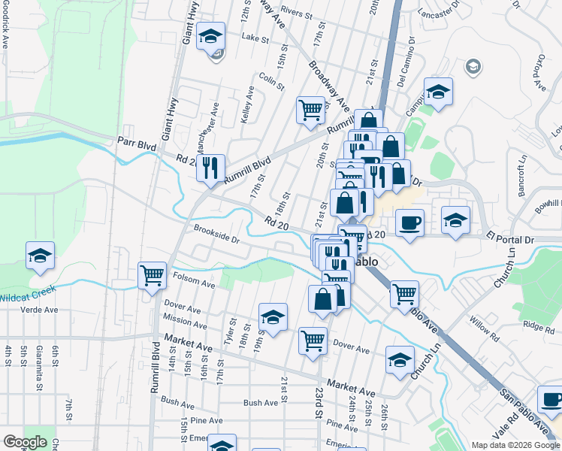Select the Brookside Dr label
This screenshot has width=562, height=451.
tap(216, 235)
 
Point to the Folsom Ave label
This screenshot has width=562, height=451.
tap(194, 284)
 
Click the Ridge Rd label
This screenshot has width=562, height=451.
tap(539, 325)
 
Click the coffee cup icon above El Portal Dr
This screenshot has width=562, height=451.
tap(409, 222)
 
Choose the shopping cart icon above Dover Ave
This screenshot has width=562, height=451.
tap(313, 339)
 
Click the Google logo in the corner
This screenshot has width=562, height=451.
tap(25, 442)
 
